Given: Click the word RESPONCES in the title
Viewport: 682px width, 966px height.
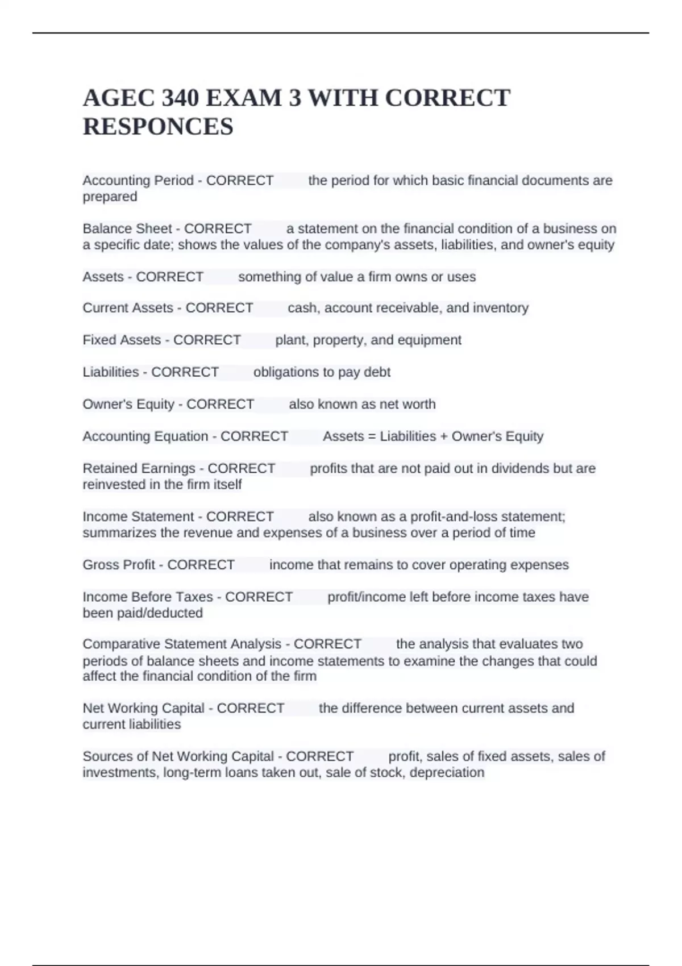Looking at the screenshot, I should pyautogui.click(x=158, y=126).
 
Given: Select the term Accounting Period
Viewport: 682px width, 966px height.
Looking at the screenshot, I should pyautogui.click(x=138, y=180).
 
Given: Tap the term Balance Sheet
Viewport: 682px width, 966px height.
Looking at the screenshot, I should pyautogui.click(x=127, y=228).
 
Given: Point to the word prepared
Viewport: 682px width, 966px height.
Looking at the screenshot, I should pyautogui.click(x=110, y=197).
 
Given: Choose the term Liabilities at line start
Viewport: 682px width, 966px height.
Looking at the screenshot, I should pyautogui.click(x=111, y=372).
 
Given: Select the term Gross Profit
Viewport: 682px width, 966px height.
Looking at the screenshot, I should pyautogui.click(x=119, y=565).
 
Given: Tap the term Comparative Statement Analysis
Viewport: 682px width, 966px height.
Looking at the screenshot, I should pyautogui.click(x=182, y=644).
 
